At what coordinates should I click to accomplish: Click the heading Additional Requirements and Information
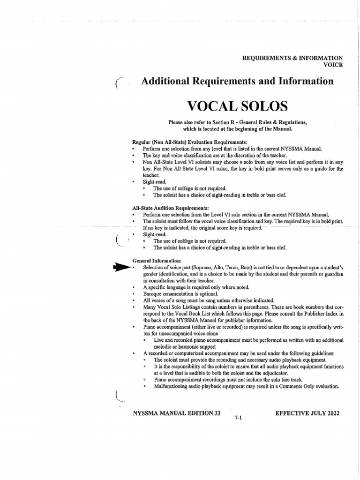tap(237, 81)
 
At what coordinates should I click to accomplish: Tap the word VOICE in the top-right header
tap(333, 65)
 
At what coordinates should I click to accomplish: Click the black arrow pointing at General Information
tap(121, 267)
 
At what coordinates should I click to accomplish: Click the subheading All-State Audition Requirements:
tap(171, 207)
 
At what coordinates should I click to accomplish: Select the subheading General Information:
tap(157, 261)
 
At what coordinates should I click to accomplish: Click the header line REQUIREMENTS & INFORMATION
tap(292, 58)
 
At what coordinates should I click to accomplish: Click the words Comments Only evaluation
tap(312, 386)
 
